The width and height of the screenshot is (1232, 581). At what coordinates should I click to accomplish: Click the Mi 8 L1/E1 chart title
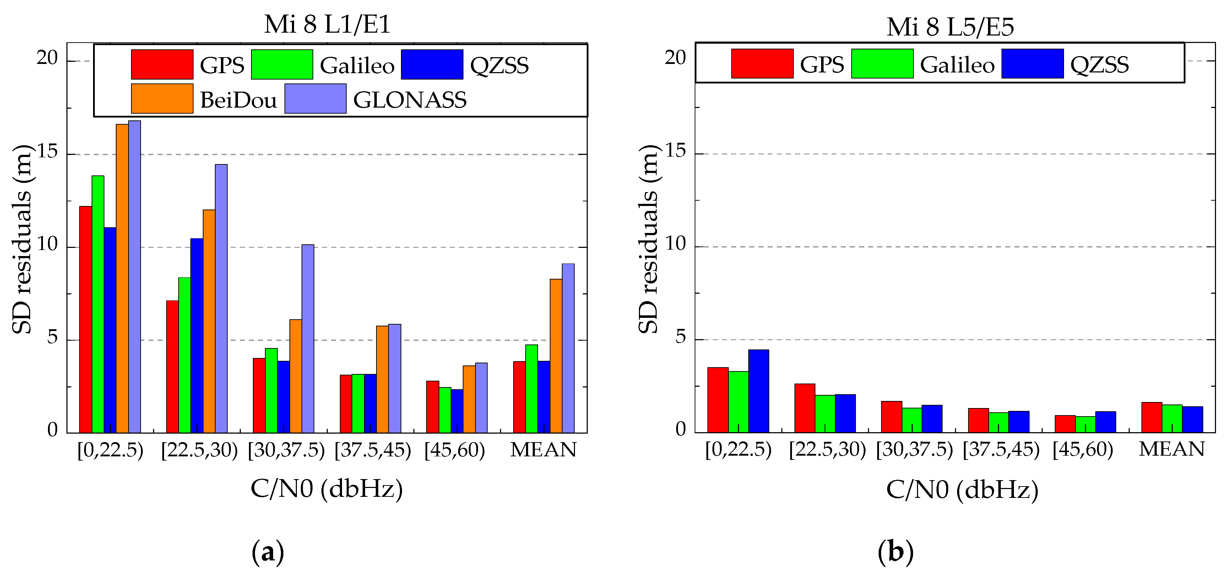click(327, 25)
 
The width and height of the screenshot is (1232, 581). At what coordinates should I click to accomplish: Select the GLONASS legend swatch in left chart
click(315, 98)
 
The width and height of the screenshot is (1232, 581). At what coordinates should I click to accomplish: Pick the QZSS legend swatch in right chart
click(1032, 64)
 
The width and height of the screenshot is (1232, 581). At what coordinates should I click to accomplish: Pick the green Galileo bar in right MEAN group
click(1172, 418)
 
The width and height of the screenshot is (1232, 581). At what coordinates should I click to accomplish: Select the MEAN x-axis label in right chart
click(1171, 449)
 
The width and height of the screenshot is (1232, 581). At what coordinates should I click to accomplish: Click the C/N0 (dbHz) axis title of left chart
click(327, 489)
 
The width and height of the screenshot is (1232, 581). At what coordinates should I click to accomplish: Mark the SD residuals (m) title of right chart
click(648, 239)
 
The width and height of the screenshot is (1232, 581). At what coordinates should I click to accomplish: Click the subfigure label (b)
click(895, 552)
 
